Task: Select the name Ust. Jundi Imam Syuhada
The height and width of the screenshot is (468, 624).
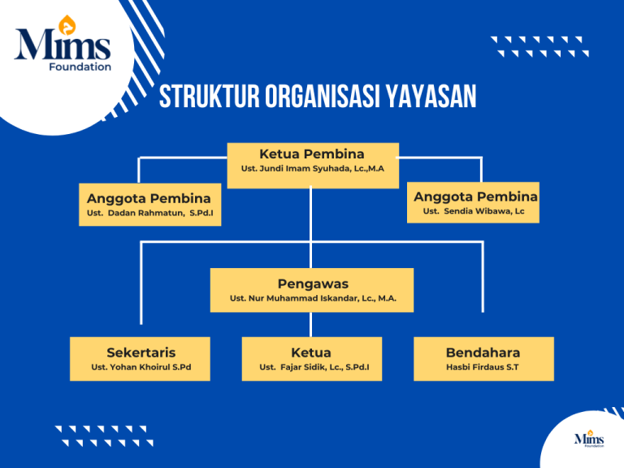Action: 312,169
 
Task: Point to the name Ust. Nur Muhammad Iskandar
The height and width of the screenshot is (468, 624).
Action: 312,299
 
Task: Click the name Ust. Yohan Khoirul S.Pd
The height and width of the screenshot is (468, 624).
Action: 141,367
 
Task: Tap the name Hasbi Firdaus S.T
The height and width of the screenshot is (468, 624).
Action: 483,367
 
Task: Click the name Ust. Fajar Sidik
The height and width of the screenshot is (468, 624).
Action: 311,367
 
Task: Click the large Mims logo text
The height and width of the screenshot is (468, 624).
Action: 63,45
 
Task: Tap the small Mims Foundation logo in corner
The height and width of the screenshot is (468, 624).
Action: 589,440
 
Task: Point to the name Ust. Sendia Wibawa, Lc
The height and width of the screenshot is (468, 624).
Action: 474,211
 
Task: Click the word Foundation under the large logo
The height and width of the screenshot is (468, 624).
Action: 80,67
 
